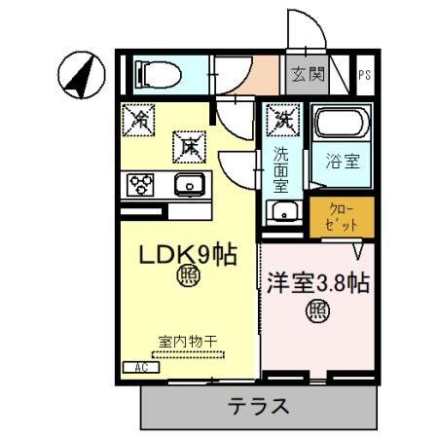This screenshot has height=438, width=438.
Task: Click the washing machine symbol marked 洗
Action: click(x=284, y=122)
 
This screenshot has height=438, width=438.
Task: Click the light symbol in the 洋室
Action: click(x=317, y=312)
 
